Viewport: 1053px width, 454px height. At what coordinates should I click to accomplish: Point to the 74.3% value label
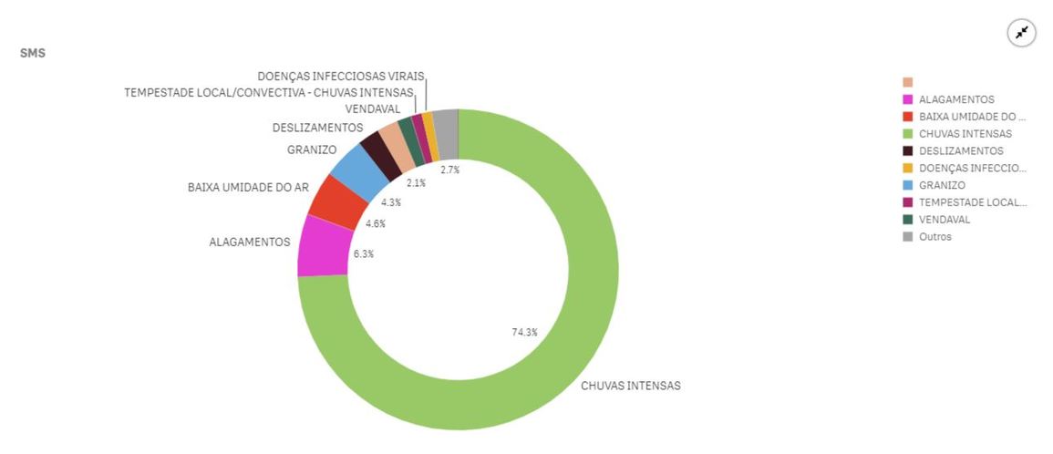pyautogui.click(x=524, y=332)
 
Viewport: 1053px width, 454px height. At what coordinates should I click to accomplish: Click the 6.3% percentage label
pyautogui.click(x=364, y=253)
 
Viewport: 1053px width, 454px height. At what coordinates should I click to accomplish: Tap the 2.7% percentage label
pyautogui.click(x=449, y=170)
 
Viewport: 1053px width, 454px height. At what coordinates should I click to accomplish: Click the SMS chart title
pyautogui.click(x=33, y=54)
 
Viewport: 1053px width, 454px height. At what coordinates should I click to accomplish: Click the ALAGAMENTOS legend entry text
pyautogui.click(x=956, y=99)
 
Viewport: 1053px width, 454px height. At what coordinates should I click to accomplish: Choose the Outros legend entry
pyautogui.click(x=934, y=237)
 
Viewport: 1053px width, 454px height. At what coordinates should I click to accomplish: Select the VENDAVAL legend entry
pyautogui.click(x=945, y=220)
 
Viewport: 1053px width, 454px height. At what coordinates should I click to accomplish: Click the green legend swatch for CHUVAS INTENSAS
pyautogui.click(x=907, y=134)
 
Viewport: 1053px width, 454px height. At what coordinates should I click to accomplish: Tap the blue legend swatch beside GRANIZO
pyautogui.click(x=907, y=185)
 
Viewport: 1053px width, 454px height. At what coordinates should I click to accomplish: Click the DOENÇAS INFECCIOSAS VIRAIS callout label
pyautogui.click(x=340, y=77)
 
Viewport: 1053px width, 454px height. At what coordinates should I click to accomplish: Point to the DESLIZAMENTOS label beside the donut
pyautogui.click(x=317, y=128)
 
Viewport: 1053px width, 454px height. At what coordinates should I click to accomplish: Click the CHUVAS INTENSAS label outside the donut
pyautogui.click(x=630, y=386)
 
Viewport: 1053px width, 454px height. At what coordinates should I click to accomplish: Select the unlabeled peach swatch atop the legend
pyautogui.click(x=907, y=82)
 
